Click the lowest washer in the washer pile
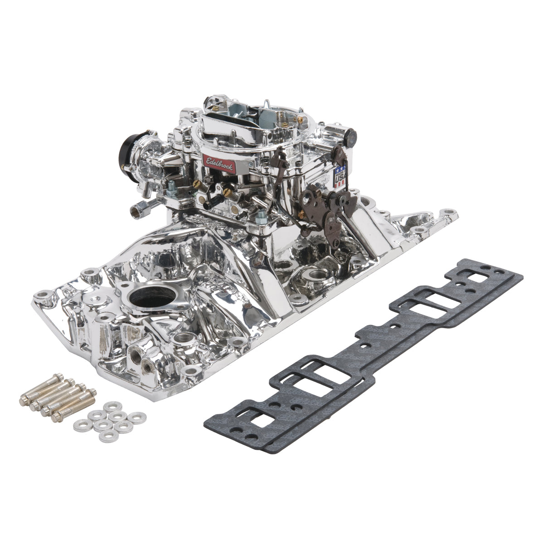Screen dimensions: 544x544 pos(107,436)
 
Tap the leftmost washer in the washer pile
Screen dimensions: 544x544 pos(80,425)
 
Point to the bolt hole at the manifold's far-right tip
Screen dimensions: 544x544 pos(449,212)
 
